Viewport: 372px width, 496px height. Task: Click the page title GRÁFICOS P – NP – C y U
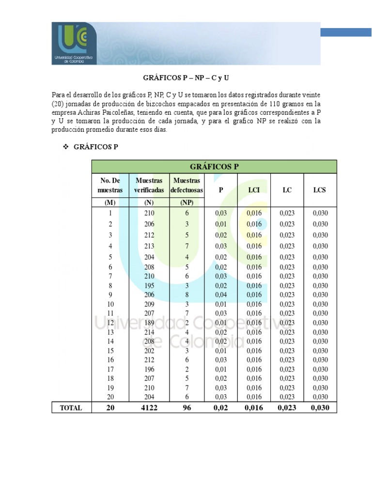pos(186,77)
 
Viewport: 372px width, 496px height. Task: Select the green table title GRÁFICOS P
pos(214,167)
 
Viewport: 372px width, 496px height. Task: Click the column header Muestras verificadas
pos(149,185)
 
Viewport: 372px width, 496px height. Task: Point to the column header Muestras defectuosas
pos(186,185)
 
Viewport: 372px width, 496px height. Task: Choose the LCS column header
pos(319,190)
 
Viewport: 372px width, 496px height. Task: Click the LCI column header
pos(254,190)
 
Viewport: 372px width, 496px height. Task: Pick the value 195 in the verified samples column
pos(149,286)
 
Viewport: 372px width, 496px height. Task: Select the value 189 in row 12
pos(149,323)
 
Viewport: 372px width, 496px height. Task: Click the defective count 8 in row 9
pos(186,295)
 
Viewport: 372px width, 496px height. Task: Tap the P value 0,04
pos(220,295)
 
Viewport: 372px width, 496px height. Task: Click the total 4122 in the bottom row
pos(149,408)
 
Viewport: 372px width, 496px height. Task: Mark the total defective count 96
pos(186,408)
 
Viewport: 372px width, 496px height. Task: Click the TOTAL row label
pos(71,408)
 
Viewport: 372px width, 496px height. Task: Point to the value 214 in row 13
pos(149,332)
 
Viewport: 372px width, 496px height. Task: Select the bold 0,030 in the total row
pos(320,408)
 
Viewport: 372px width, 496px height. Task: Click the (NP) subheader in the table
pos(186,202)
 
